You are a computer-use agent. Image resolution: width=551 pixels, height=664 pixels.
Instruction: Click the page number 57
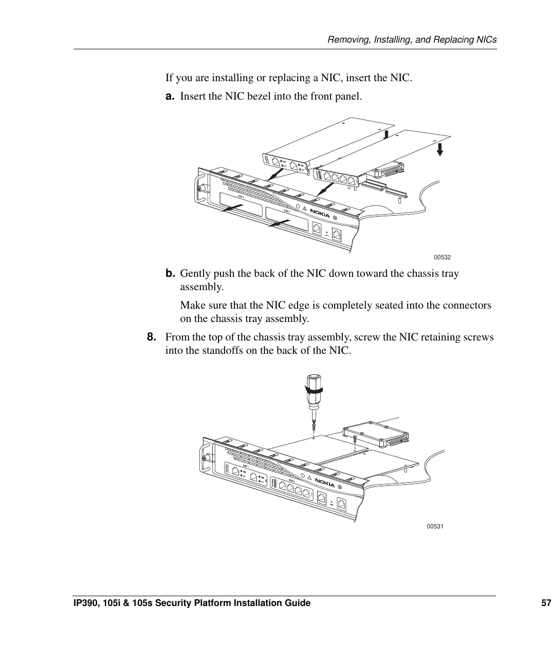545,603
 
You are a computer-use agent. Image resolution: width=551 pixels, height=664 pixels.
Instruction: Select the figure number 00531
435,527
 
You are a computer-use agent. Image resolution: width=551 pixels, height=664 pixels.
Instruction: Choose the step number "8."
152,337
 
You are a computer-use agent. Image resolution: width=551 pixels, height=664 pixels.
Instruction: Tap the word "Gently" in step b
195,273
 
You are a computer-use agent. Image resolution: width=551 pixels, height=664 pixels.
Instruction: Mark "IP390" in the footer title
86,603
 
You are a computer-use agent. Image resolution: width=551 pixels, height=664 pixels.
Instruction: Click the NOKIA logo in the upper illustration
319,214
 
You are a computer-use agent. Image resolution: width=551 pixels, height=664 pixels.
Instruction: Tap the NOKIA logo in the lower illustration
324,483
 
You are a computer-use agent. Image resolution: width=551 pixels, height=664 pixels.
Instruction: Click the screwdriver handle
313,390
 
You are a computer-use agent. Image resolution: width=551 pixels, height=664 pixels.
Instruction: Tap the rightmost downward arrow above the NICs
440,149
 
